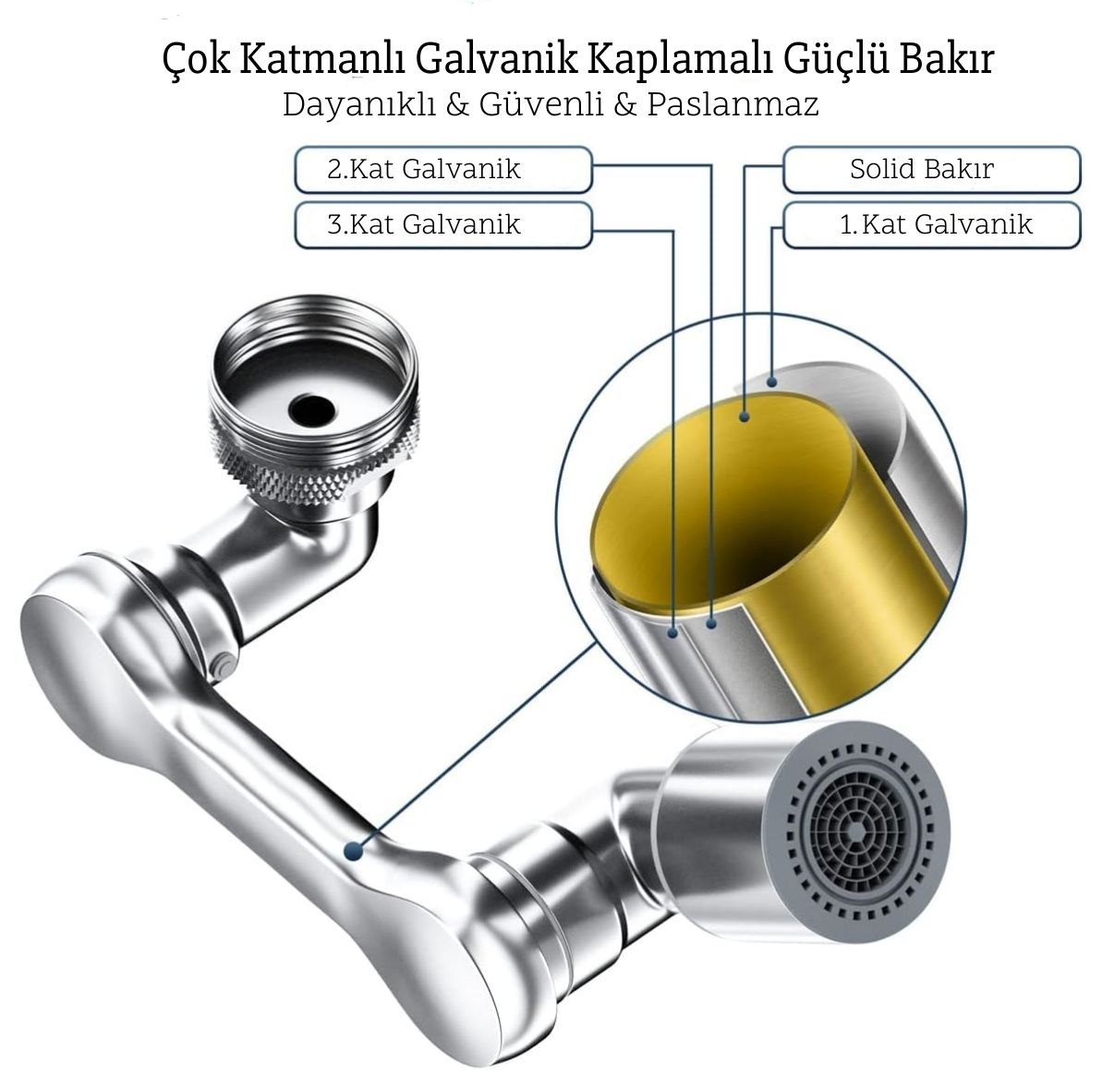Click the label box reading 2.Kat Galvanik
pyautogui.click(x=443, y=169)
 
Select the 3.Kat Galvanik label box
pyautogui.click(x=443, y=225)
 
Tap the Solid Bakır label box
pyautogui.click(x=931, y=169)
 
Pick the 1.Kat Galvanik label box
pyautogui.click(x=931, y=225)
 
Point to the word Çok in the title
pyautogui.click(x=196, y=60)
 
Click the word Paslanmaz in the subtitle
pyautogui.click(x=733, y=104)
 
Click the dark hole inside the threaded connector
pyautogui.click(x=313, y=409)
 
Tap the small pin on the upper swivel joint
pyautogui.click(x=222, y=666)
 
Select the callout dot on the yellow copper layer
pyautogui.click(x=745, y=417)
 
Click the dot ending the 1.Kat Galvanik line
pyautogui.click(x=771, y=382)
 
